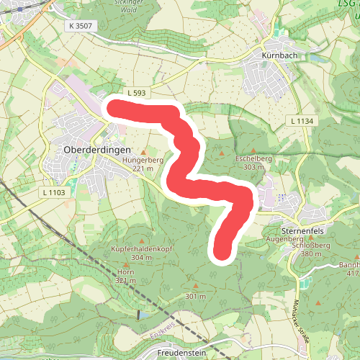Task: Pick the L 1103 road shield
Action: click(54, 192)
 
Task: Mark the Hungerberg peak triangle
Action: click(143, 152)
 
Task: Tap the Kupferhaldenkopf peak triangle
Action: click(142, 241)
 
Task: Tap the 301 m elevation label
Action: click(196, 296)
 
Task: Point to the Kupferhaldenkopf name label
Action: click(142, 249)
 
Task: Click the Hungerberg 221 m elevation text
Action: click(143, 168)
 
